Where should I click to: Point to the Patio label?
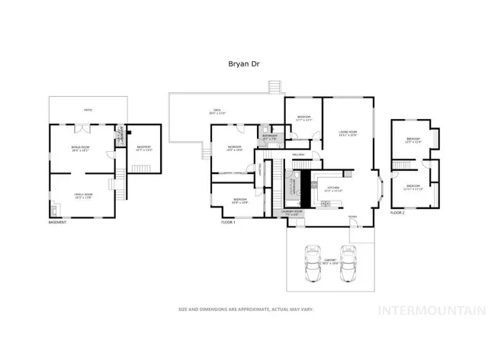pyautogui.click(x=88, y=111)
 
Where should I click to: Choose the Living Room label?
pyautogui.click(x=348, y=134)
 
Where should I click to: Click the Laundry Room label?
pyautogui.click(x=293, y=212)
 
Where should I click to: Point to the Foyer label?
pyautogui.click(x=352, y=217)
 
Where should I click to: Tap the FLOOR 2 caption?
pyautogui.click(x=397, y=213)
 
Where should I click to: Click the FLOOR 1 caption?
pyautogui.click(x=228, y=222)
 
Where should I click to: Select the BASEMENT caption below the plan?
pyautogui.click(x=58, y=222)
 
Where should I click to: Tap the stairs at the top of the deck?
pyautogui.click(x=275, y=86)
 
